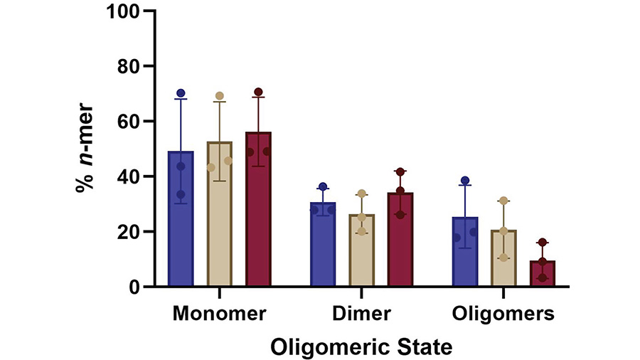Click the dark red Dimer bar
400,242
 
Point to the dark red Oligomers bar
543,274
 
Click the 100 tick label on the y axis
122,11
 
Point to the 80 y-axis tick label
127,66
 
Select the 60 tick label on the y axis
127,122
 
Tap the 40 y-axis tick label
127,176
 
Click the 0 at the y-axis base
132,287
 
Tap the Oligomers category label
503,313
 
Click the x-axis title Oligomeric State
361,346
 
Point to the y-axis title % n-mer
85,149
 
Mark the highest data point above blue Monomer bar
181,93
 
